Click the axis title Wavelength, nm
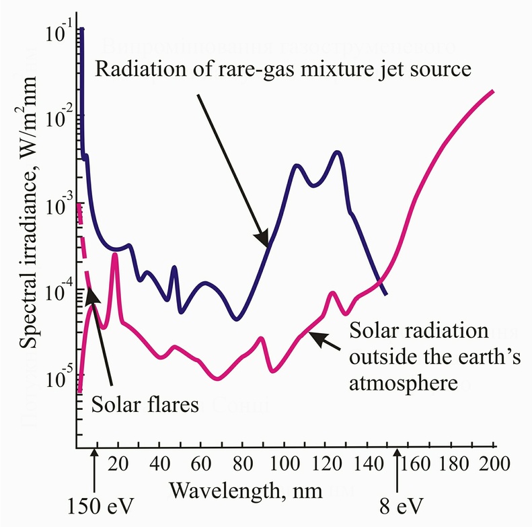click(x=245, y=489)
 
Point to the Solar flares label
click(x=145, y=405)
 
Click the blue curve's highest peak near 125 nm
click(x=338, y=153)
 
